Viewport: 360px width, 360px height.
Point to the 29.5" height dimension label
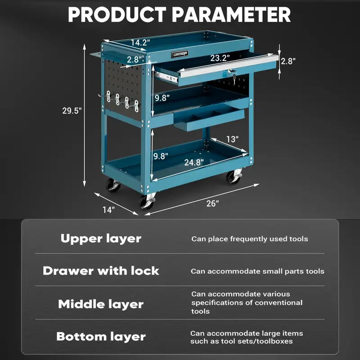coord(72,111)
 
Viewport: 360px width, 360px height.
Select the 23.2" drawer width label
coord(220,58)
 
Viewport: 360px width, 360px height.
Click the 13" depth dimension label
coord(232,139)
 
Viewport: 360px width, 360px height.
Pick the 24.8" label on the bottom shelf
coord(193,162)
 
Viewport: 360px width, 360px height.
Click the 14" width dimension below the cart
coord(108,209)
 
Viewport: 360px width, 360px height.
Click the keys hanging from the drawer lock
coord(233,76)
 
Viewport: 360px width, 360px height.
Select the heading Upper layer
coord(101,238)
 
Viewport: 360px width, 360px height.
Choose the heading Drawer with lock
coord(101,271)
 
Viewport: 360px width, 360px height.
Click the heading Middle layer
coord(101,304)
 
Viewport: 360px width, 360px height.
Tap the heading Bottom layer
coord(101,337)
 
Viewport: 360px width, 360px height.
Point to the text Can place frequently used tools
coord(250,239)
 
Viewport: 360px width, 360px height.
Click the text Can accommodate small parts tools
coord(257,271)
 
